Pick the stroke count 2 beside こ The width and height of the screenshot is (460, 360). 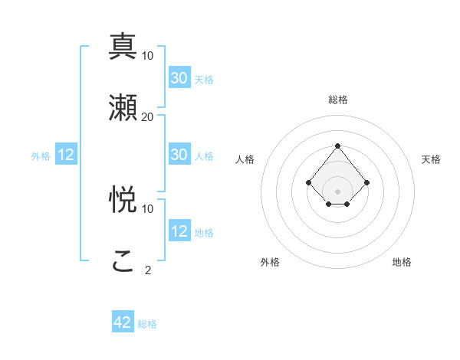point(147,270)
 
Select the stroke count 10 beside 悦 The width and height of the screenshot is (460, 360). point(147,208)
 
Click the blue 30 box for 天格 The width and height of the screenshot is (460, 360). point(179,78)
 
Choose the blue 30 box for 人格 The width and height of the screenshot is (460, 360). point(179,155)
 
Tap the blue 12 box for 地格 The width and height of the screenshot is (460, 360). point(179,231)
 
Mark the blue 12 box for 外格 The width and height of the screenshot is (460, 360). point(66,155)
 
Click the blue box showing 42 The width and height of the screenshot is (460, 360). point(123,322)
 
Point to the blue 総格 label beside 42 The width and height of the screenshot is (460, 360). point(147,324)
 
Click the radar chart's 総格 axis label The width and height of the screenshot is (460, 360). point(337,100)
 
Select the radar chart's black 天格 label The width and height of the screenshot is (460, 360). point(431,159)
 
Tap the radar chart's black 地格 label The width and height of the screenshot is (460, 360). point(402,262)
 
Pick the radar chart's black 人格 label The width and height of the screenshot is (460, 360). point(245,159)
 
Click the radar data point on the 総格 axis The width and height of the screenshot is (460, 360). point(337,146)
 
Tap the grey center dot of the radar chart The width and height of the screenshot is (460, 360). point(337,191)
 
